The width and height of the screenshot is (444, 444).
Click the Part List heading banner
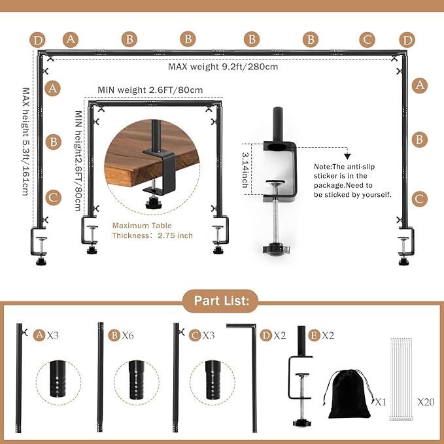click(x=221, y=301)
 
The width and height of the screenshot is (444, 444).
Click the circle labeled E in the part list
click(x=314, y=335)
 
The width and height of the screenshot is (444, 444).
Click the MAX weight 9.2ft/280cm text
click(x=222, y=67)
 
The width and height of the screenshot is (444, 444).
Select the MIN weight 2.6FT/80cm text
click(x=150, y=90)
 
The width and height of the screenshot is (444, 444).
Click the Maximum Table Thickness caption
click(x=152, y=230)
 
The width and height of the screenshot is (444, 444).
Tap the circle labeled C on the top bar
click(x=368, y=40)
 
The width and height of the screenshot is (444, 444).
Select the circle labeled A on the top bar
click(x=71, y=40)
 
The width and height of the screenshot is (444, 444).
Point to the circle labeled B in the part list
click(x=114, y=335)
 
